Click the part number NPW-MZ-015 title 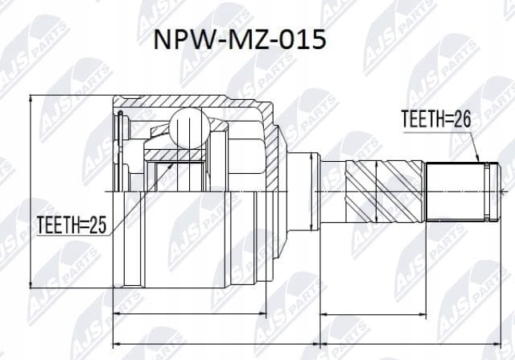click(x=240, y=39)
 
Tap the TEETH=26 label click(x=436, y=119)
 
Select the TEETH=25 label click(x=72, y=225)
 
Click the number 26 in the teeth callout click(x=462, y=119)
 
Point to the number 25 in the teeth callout click(x=98, y=225)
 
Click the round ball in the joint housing click(x=190, y=128)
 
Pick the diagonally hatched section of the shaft click(x=384, y=191)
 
